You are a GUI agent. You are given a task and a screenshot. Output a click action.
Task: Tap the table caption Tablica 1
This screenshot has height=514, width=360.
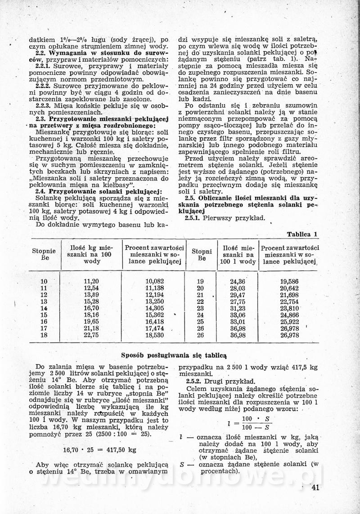[302, 234]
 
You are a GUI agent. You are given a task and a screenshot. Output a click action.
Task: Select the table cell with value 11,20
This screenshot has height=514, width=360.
[91, 281]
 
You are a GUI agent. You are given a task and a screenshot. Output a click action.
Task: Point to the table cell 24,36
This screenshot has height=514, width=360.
[237, 281]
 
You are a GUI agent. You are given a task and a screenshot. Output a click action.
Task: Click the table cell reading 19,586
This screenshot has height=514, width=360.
[289, 281]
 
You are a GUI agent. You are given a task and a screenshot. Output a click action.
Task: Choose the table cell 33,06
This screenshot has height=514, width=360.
[237, 315]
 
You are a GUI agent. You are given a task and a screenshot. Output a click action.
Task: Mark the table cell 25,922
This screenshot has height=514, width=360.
[289, 322]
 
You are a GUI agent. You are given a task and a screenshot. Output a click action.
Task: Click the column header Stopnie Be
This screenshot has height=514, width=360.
[44, 254]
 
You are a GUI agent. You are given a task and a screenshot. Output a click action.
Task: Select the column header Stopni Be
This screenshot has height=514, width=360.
[202, 254]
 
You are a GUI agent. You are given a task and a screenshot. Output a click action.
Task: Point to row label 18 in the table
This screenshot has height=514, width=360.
[44, 335]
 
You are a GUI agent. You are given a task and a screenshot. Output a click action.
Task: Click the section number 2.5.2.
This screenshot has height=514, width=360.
[194, 381]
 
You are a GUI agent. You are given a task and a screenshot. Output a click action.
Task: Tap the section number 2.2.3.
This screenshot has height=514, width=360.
[44, 105]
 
